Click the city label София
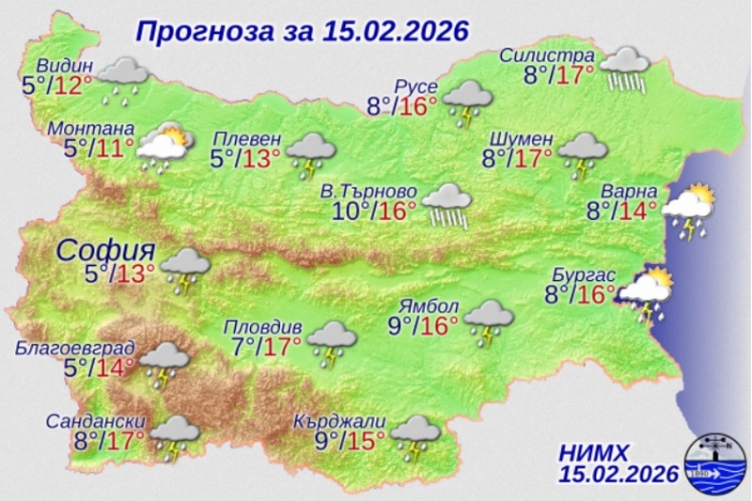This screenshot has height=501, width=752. [x=105, y=250]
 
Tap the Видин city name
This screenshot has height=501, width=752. [x=66, y=66]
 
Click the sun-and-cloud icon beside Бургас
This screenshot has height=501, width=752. [x=648, y=292]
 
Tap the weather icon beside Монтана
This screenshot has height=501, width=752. [x=164, y=147]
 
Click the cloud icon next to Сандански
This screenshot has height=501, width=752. [x=174, y=439]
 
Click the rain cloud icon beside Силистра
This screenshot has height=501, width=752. [x=625, y=68]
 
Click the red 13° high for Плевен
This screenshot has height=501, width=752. [x=263, y=159]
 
